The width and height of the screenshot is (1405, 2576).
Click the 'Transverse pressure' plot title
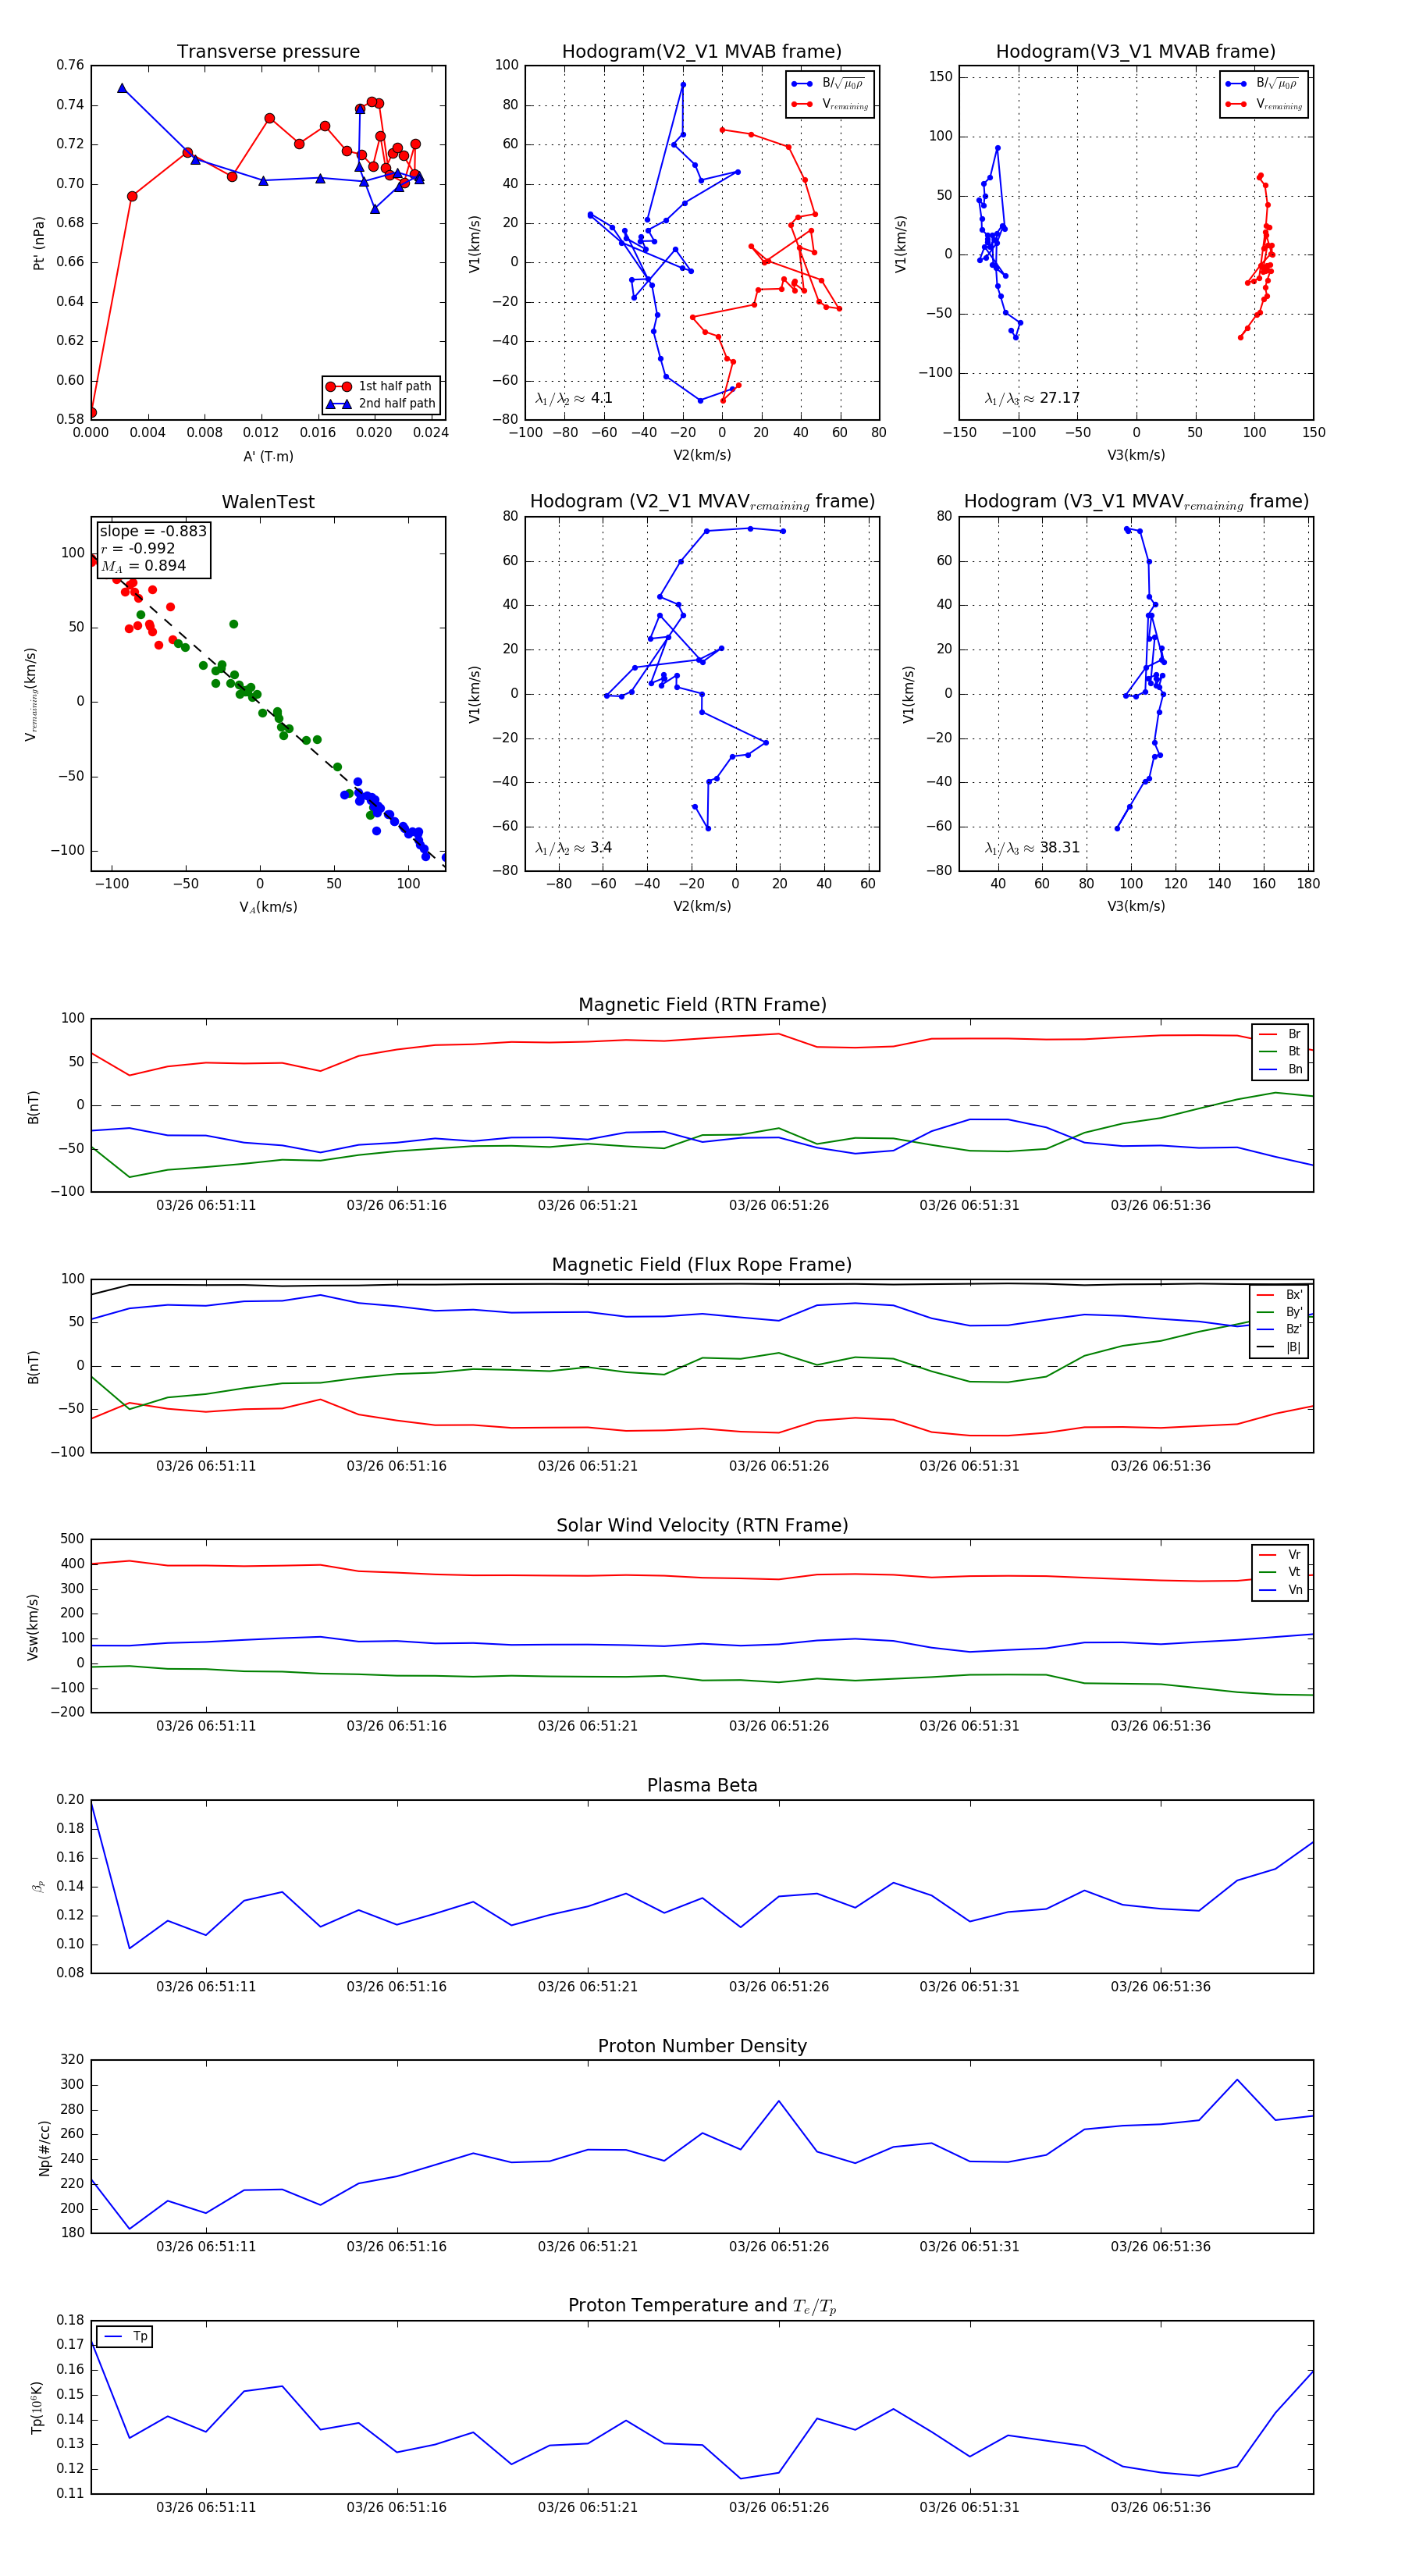point(268,52)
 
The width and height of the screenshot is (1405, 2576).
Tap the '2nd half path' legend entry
point(396,404)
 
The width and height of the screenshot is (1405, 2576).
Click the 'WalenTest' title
point(268,502)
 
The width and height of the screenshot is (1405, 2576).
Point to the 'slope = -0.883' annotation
point(153,531)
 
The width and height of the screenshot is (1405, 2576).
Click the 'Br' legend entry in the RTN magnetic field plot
point(1293,1034)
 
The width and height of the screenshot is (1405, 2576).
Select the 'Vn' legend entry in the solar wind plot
point(1294,1590)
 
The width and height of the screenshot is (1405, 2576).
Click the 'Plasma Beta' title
point(702,1786)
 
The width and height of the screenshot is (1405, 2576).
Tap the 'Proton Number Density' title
point(702,2046)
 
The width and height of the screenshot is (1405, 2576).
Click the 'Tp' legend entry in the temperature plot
point(139,2337)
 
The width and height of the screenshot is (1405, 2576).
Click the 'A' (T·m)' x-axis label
point(268,457)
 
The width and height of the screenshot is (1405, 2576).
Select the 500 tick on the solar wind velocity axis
point(72,1539)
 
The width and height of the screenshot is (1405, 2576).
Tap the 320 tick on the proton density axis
point(72,2060)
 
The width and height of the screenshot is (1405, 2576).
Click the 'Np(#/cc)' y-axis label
point(44,2148)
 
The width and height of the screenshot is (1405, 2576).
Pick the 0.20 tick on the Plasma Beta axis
point(70,1800)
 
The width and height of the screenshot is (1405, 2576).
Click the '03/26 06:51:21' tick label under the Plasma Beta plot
point(588,1987)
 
